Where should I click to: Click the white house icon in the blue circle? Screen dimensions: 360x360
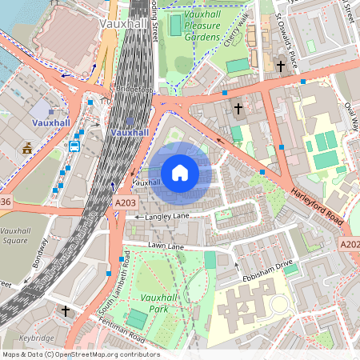(x=180, y=173)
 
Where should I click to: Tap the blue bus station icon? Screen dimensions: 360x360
(x=74, y=146)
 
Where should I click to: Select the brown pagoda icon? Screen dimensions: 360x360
(x=27, y=148)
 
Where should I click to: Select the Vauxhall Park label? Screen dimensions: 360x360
(x=158, y=302)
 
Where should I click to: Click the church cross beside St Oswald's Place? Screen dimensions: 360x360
(x=280, y=65)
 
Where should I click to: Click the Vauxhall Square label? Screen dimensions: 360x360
(x=16, y=235)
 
